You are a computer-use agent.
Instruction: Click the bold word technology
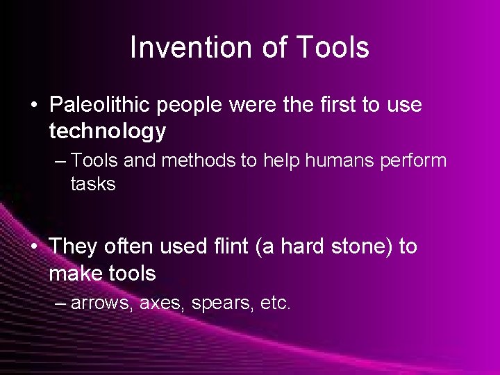pyautogui.click(x=108, y=131)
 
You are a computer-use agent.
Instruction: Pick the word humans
pyautogui.click(x=333, y=161)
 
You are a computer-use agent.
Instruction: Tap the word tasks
pyautogui.click(x=92, y=184)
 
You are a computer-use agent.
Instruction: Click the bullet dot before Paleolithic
pyautogui.click(x=34, y=106)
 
